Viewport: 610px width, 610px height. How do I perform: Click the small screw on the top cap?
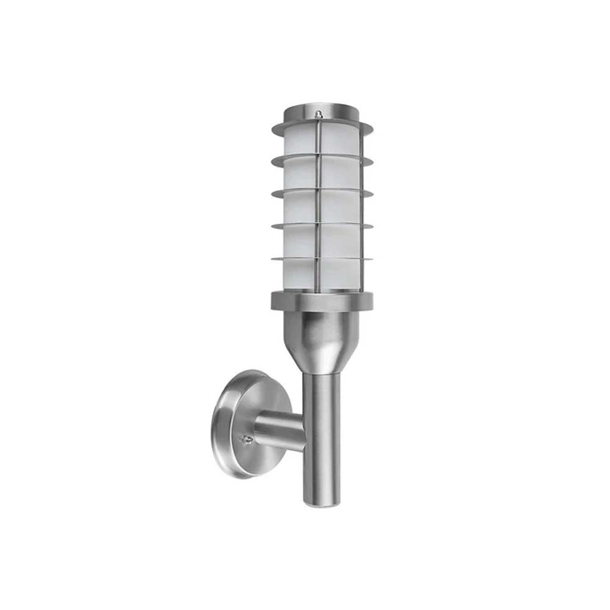pos(318,113)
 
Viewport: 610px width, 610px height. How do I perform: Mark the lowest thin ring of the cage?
pos(287,259)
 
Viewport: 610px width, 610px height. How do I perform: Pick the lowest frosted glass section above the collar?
pos(299,274)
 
